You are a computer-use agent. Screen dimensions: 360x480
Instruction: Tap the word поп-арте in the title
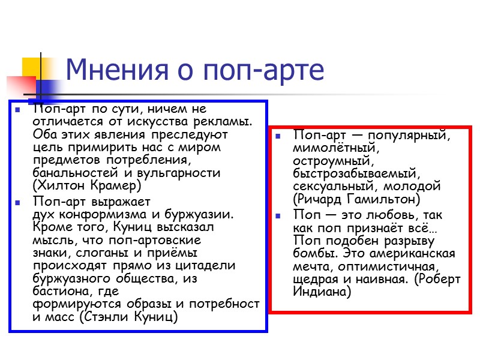coord(264,71)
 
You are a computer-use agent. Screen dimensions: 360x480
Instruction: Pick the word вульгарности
coord(179,173)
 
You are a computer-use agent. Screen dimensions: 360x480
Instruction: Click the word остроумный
coord(333,161)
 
